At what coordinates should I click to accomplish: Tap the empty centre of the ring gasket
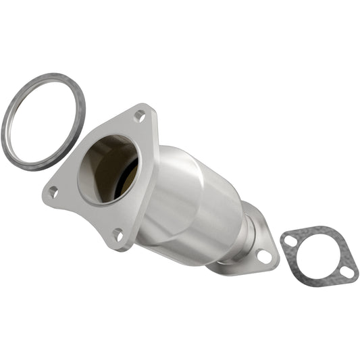click(x=44, y=122)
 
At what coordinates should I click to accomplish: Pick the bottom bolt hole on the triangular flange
click(x=118, y=235)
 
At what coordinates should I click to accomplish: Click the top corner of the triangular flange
click(x=144, y=108)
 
